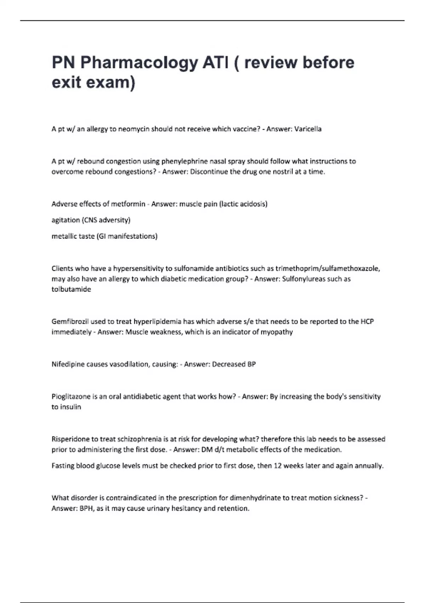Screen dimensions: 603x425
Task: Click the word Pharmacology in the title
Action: pos(139,63)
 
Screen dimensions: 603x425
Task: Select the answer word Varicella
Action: pos(308,129)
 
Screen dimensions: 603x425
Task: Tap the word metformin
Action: pos(128,204)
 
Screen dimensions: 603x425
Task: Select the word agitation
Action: pos(66,220)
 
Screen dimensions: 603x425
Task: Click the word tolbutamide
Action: pos(71,289)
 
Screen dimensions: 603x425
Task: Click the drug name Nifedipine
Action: pos(68,364)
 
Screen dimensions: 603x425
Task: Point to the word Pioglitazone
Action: pos(71,397)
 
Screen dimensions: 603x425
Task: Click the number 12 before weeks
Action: pos(277,466)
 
